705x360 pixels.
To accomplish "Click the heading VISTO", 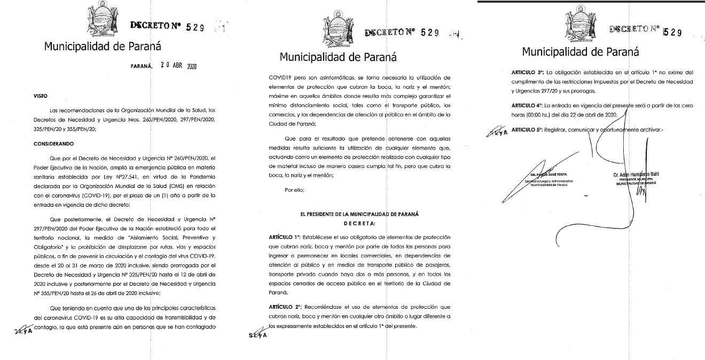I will click(x=41, y=96).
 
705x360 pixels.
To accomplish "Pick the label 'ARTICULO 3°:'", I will click(x=529, y=72).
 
